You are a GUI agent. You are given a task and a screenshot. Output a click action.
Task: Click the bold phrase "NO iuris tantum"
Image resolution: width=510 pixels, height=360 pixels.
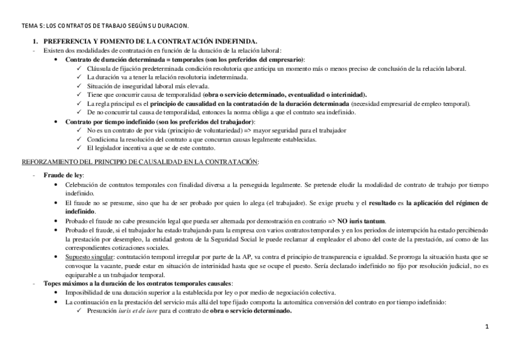(x=361, y=221)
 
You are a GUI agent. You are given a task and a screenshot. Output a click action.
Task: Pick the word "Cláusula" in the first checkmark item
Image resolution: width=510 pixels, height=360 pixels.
(x=100, y=69)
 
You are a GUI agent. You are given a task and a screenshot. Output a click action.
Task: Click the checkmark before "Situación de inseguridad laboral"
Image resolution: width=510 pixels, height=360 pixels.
(x=80, y=87)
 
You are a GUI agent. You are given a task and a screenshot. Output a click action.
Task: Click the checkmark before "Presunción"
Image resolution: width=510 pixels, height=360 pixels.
(x=80, y=311)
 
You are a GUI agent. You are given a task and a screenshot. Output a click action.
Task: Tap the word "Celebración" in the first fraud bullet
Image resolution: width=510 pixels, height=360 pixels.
(x=82, y=185)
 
